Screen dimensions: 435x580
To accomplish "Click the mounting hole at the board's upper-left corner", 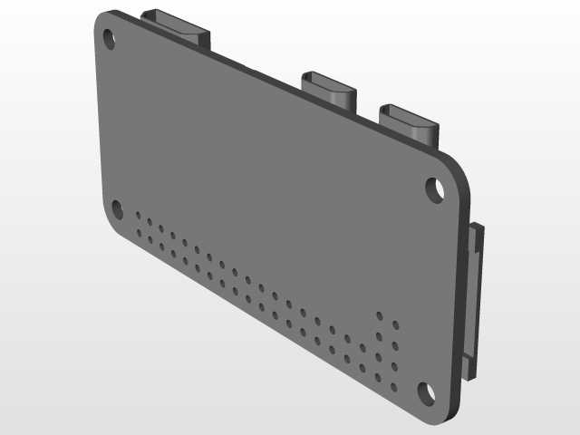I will click(x=109, y=39).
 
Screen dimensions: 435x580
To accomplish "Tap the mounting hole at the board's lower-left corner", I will click(x=118, y=210).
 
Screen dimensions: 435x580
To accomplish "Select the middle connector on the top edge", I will click(x=328, y=87).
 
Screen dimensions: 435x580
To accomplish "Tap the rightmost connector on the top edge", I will click(x=410, y=121).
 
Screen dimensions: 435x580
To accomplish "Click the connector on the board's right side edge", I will click(x=474, y=299).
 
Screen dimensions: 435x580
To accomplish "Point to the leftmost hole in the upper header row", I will click(x=139, y=217).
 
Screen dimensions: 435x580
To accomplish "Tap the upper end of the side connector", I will click(x=476, y=230).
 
